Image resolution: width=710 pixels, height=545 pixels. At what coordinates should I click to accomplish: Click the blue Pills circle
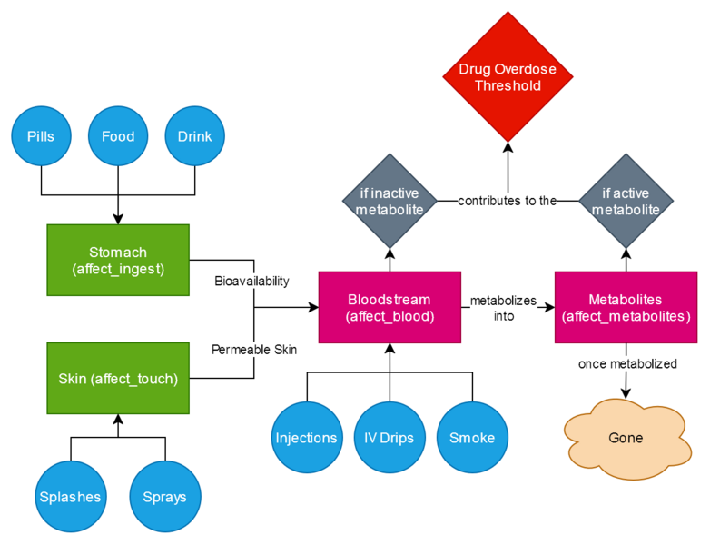pyautogui.click(x=42, y=137)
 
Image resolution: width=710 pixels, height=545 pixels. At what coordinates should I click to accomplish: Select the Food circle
pyautogui.click(x=118, y=137)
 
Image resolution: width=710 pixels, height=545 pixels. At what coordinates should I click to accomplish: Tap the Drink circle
pyautogui.click(x=195, y=137)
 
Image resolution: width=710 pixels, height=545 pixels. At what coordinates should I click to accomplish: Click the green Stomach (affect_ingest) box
pyautogui.click(x=118, y=259)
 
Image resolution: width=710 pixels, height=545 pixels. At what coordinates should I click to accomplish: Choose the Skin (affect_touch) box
pyautogui.click(x=118, y=379)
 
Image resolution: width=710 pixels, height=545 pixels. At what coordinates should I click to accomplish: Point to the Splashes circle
pyautogui.click(x=71, y=497)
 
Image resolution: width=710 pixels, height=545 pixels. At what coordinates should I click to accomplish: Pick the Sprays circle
pyautogui.click(x=165, y=497)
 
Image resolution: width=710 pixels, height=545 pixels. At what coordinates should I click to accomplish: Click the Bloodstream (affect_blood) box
pyautogui.click(x=390, y=307)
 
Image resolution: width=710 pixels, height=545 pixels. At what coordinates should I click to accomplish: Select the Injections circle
pyautogui.click(x=307, y=438)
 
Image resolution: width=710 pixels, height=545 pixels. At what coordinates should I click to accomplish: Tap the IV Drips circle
pyautogui.click(x=390, y=438)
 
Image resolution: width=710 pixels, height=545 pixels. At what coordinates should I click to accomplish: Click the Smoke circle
pyautogui.click(x=472, y=438)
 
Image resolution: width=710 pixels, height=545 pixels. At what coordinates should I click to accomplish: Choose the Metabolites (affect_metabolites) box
pyautogui.click(x=626, y=307)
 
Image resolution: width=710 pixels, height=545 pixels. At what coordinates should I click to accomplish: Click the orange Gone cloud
pyautogui.click(x=626, y=438)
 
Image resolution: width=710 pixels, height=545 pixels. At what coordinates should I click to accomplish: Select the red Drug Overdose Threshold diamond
pyautogui.click(x=508, y=78)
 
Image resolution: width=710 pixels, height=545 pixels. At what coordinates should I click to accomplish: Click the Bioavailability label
pyautogui.click(x=251, y=281)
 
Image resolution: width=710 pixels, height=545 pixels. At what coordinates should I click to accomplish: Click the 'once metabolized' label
pyautogui.click(x=627, y=363)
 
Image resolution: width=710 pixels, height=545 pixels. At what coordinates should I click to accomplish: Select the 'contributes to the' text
pyautogui.click(x=507, y=201)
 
